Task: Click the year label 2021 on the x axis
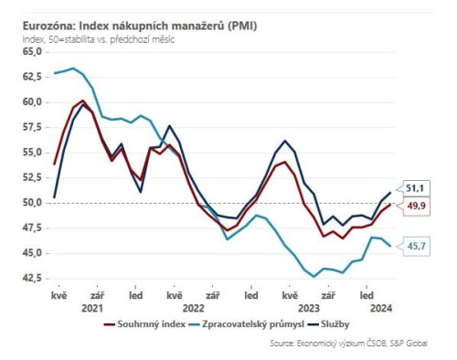point(93,308)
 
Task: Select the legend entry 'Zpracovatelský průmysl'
point(246,323)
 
